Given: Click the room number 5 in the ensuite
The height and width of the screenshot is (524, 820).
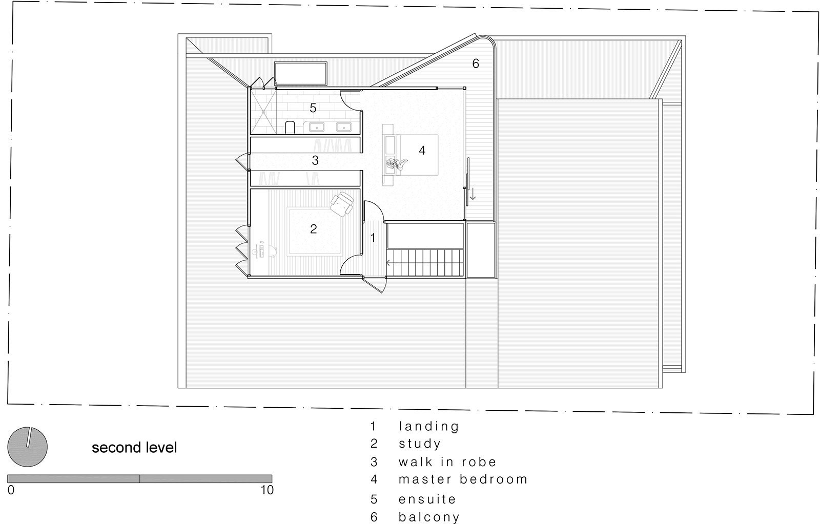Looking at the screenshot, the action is point(313,108).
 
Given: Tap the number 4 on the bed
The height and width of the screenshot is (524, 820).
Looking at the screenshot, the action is point(422,150).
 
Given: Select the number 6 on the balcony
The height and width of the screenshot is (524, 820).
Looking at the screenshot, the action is point(476,64).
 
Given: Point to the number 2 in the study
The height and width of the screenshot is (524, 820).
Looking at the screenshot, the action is point(313,229).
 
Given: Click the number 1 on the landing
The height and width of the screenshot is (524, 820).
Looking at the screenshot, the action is point(373,238).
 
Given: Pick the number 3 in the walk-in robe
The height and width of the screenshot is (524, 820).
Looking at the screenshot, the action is point(315,160).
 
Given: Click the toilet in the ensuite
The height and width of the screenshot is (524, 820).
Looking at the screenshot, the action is point(290,128).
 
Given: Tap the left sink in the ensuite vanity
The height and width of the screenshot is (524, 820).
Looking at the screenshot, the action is point(317,127).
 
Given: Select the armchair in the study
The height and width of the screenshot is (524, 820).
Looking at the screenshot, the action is point(342,204).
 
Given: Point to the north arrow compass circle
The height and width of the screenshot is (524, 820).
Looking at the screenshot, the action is point(28,447).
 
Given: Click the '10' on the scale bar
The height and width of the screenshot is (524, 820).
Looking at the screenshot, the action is point(267,490).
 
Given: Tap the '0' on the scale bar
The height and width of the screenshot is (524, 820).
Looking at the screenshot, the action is point(11,490).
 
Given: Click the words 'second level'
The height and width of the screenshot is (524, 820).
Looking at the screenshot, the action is point(134,448).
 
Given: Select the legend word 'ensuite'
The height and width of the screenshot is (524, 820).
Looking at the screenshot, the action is point(427,499).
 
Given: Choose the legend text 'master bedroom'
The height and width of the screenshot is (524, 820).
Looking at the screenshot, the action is point(463,479).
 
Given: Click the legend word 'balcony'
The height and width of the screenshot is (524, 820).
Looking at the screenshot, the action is point(429,517).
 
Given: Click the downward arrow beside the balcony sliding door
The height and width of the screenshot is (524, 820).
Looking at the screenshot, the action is point(473,194).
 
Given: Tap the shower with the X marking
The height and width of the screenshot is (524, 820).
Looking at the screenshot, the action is point(263,112).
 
